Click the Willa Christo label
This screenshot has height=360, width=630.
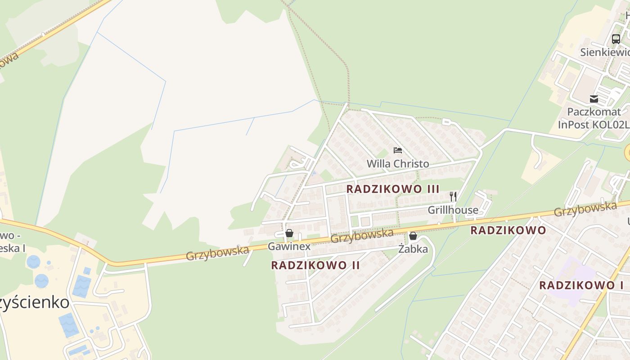[x=398, y=163]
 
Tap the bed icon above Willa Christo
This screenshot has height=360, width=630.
[x=398, y=150]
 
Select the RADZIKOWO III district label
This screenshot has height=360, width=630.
[x=393, y=189]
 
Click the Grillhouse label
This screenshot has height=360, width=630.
[x=453, y=210]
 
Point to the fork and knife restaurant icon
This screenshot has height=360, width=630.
[x=453, y=197]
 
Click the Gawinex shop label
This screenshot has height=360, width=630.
[x=289, y=246]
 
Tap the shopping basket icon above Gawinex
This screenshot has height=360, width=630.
[x=289, y=233]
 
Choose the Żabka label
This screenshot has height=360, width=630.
[x=413, y=248]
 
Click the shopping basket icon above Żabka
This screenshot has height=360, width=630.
[x=413, y=236]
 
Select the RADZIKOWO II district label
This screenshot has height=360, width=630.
[x=315, y=265]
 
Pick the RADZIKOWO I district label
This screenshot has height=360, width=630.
[x=581, y=285]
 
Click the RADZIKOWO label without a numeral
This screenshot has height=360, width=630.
[x=508, y=230]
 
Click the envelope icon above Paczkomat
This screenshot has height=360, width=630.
[x=594, y=99]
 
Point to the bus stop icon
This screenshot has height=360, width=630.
[x=616, y=39]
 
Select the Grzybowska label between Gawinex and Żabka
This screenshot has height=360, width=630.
[x=362, y=235]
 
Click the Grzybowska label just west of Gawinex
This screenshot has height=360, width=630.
[x=217, y=253]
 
